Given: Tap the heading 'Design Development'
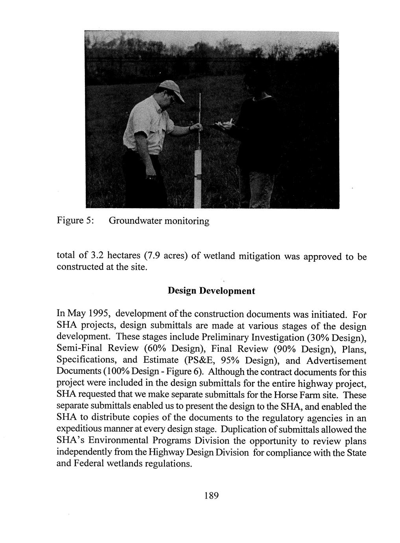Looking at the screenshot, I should (x=211, y=291).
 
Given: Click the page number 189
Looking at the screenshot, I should (x=211, y=495).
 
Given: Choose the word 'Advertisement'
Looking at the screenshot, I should (x=336, y=360).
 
